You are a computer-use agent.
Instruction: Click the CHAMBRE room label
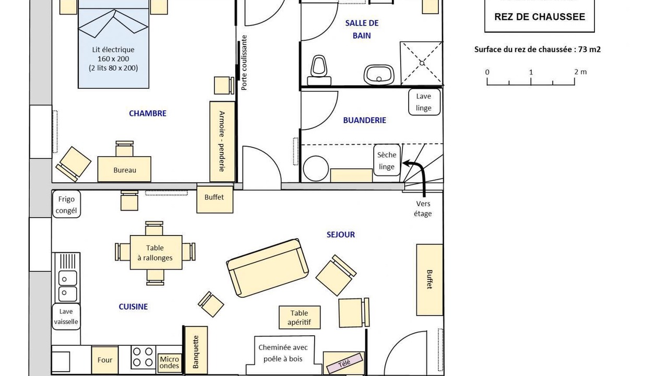click(148, 113)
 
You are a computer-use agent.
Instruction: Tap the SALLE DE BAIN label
click(362, 29)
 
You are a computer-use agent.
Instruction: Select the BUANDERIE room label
click(364, 120)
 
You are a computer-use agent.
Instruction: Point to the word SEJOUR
click(341, 234)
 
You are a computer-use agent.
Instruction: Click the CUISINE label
click(133, 307)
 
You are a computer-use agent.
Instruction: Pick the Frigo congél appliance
click(66, 204)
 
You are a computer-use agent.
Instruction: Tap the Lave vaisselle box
click(66, 316)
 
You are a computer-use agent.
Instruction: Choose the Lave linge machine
click(424, 102)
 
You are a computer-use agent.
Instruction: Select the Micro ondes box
click(170, 362)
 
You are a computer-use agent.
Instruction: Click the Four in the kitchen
click(105, 360)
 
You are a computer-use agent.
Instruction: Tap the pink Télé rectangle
click(345, 363)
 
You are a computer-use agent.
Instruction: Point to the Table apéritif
click(300, 318)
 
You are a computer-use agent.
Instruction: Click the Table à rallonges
click(156, 252)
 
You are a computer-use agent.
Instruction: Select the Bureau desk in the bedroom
click(124, 169)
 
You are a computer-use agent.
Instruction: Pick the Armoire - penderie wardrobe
click(222, 142)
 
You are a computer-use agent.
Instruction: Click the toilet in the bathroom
click(319, 70)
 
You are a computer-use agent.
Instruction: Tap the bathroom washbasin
click(379, 75)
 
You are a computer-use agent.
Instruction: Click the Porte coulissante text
click(244, 63)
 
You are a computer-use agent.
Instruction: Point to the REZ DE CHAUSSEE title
click(540, 17)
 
